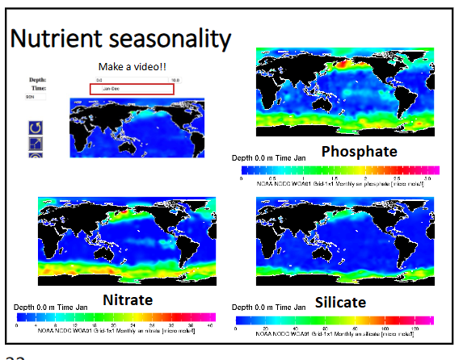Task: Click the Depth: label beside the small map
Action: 37,80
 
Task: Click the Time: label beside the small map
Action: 38,88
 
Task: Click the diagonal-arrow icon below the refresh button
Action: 36,144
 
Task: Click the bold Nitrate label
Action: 128,300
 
